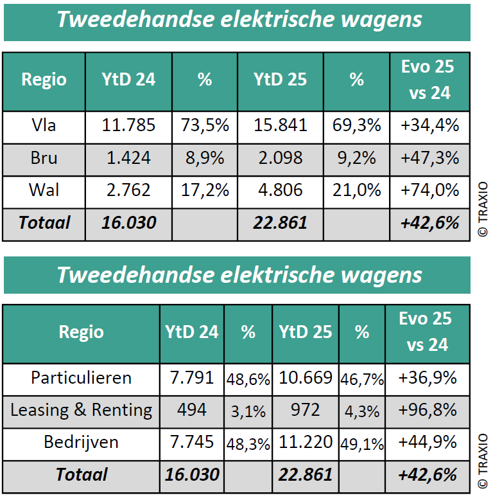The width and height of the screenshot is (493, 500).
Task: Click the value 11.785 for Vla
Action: tap(128, 125)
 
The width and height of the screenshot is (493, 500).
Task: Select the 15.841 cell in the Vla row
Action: tap(280, 125)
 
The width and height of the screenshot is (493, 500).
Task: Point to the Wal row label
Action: tap(44, 190)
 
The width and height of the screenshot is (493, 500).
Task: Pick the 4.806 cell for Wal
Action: tap(280, 190)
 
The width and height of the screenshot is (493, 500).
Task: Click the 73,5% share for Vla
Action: tap(204, 125)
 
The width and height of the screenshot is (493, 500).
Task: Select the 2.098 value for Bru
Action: tap(280, 158)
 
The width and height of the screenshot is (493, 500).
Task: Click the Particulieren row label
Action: tap(81, 378)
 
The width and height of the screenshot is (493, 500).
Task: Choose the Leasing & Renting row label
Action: tap(81, 410)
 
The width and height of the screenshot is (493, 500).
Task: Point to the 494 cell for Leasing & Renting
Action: tap(192, 410)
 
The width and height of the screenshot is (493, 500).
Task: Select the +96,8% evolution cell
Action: tap(427, 410)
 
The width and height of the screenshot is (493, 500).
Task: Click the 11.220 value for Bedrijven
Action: tap(306, 442)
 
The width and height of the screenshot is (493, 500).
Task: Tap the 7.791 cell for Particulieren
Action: tap(192, 378)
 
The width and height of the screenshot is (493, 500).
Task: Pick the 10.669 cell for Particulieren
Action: tap(306, 378)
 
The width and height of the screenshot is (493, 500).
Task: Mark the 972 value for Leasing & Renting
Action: tap(306, 410)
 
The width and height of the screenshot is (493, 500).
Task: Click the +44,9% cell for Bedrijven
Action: tap(427, 442)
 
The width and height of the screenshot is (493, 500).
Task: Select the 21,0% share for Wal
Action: tap(356, 190)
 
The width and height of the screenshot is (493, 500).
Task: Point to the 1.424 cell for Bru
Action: tap(128, 158)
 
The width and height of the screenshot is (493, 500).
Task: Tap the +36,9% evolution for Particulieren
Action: tap(427, 378)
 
